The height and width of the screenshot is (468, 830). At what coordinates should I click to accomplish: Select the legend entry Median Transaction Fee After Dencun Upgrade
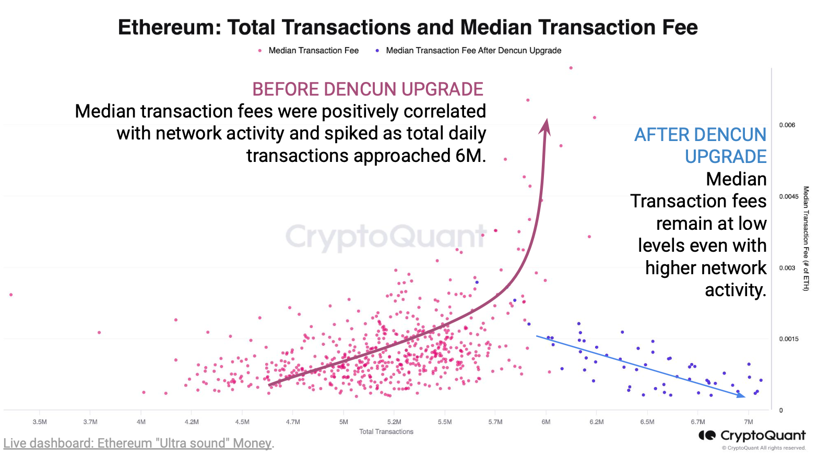point(473,51)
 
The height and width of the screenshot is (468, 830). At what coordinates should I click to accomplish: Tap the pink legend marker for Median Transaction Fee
point(260,51)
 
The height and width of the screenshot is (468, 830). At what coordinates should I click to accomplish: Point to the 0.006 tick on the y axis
point(787,125)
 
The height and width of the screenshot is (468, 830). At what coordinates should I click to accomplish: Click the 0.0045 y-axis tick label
point(789,197)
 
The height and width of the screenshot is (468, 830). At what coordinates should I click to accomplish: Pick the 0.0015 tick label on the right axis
point(789,340)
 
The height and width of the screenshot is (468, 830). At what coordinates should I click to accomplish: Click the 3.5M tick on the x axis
point(40,422)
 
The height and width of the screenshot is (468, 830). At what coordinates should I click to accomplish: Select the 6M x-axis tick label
point(546,422)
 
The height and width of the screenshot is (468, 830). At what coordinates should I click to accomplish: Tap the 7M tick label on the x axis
point(749,422)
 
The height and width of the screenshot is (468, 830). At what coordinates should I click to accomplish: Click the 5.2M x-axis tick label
point(394,422)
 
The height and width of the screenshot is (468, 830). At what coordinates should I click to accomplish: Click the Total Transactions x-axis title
point(386,432)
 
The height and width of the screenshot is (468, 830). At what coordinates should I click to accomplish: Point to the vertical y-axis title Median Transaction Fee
point(806,239)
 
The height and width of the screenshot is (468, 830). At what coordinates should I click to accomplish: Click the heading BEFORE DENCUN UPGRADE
point(367,89)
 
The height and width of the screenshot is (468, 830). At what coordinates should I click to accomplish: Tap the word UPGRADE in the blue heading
point(726,157)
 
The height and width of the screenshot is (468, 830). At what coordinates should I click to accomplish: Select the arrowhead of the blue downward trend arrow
point(741,395)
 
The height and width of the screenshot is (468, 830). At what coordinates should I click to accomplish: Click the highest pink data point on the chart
point(571,68)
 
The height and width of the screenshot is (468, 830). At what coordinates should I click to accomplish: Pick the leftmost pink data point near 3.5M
point(11,295)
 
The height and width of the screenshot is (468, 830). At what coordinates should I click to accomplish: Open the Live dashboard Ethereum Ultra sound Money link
point(138,443)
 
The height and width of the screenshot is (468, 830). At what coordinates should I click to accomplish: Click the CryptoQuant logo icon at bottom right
point(707,436)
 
